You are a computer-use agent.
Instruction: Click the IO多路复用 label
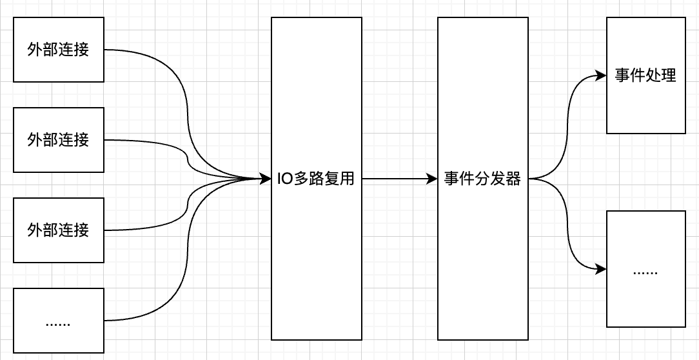click(316, 179)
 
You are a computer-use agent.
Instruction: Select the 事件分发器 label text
click(482, 179)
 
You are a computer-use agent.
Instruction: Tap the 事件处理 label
click(645, 75)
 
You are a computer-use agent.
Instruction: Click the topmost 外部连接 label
click(58, 50)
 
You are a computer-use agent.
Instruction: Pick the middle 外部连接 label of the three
click(58, 139)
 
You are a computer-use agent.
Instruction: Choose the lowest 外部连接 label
click(58, 230)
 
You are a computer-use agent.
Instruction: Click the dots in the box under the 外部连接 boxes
click(58, 323)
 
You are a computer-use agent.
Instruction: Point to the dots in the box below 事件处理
click(645, 272)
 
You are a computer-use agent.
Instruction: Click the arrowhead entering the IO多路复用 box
click(266, 179)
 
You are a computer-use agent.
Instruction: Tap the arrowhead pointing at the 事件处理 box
click(602, 75)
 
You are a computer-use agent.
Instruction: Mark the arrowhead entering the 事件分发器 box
click(433, 179)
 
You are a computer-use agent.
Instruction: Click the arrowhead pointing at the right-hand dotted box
click(602, 269)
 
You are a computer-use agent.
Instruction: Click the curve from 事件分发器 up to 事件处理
click(567, 123)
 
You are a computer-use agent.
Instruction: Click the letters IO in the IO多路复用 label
click(284, 179)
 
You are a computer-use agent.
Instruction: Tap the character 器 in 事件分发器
click(513, 179)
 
